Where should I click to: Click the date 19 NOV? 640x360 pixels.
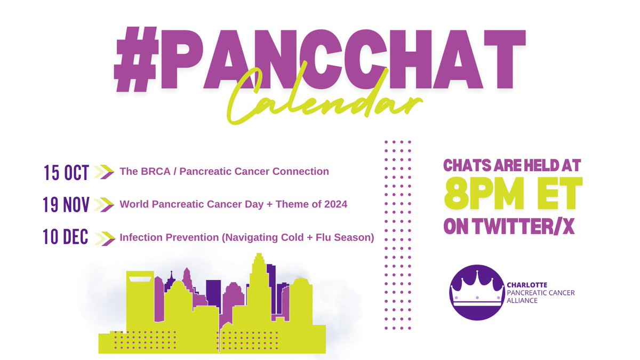tap(67, 205)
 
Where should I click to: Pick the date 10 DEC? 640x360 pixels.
tap(67, 237)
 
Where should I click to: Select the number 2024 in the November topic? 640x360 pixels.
tap(335, 205)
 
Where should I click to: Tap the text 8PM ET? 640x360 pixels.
tap(513, 196)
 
